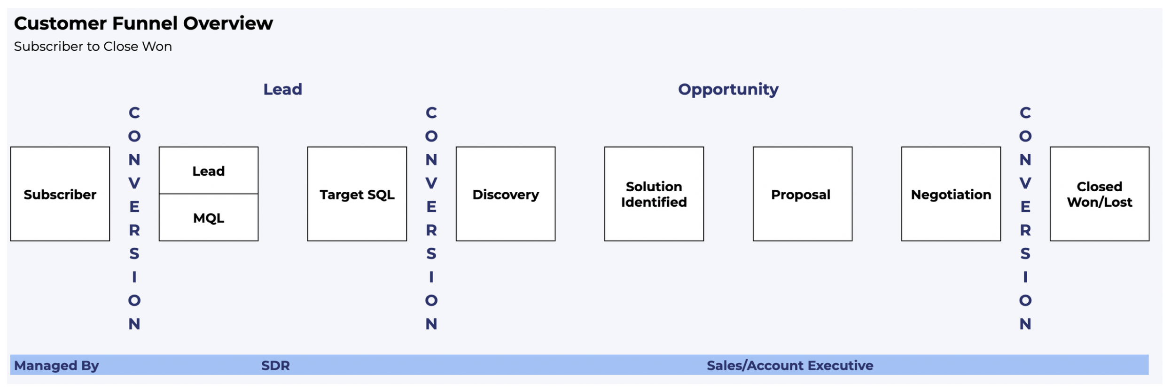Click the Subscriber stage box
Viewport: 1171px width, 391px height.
(x=60, y=194)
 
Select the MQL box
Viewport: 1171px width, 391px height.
(x=209, y=218)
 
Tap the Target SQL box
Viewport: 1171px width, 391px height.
(x=357, y=194)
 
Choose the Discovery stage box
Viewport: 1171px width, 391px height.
(x=506, y=194)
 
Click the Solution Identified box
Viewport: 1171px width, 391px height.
(x=654, y=194)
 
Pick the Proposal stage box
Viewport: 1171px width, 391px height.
(x=803, y=194)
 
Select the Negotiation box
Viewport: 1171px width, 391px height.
(x=951, y=194)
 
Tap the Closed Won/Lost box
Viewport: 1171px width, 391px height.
(x=1100, y=194)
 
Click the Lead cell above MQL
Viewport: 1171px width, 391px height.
(x=209, y=171)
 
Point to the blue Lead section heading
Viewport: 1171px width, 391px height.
(x=282, y=89)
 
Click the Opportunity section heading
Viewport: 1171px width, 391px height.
(x=728, y=89)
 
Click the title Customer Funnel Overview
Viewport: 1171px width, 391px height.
(x=143, y=23)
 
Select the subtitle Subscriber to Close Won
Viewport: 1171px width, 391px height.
(x=93, y=47)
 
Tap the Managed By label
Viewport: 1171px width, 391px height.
(x=56, y=366)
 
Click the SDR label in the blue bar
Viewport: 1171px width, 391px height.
(x=275, y=366)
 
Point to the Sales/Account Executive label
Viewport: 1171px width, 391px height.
(x=790, y=366)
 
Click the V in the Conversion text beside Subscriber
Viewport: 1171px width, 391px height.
(x=134, y=183)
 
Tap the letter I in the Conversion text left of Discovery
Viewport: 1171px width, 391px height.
(x=431, y=277)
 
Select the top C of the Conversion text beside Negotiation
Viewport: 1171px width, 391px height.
(x=1025, y=113)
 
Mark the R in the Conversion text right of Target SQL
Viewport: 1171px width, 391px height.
(x=431, y=230)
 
